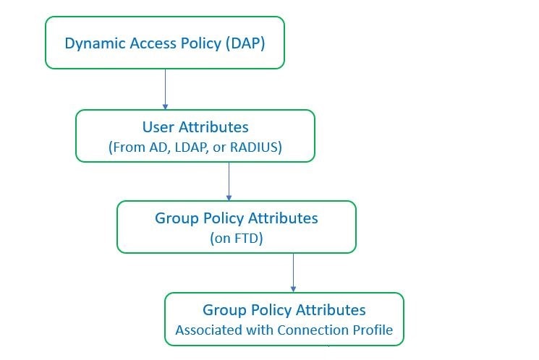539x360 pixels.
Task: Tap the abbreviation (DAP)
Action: click(x=245, y=43)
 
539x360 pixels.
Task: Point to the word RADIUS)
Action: click(x=256, y=147)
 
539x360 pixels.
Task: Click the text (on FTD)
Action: click(x=237, y=238)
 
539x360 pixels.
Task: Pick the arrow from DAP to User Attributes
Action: click(x=166, y=90)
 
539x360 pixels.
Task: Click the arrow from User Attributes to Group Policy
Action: click(x=229, y=181)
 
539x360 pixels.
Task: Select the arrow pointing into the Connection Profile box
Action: click(x=293, y=273)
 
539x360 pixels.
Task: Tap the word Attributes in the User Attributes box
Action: click(x=213, y=127)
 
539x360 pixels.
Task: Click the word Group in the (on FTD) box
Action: click(x=177, y=219)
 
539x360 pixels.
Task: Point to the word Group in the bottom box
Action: click(x=224, y=311)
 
